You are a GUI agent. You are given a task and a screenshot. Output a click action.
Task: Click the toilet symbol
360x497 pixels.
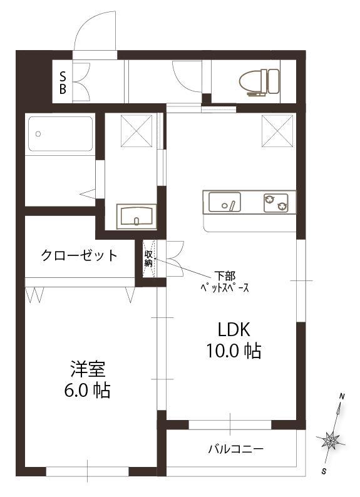259,81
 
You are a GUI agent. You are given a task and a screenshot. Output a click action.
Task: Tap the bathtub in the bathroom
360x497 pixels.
61,134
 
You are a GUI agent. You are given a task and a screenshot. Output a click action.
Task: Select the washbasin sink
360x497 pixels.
136,216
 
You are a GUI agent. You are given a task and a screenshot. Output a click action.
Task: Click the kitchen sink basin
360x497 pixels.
224,202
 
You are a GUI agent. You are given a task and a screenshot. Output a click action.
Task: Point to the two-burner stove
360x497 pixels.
275,203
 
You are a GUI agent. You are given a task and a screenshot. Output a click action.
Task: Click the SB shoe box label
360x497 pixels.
63,83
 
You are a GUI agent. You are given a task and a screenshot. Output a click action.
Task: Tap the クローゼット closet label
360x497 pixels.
80,255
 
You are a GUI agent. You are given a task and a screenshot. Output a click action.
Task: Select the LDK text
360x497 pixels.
234,330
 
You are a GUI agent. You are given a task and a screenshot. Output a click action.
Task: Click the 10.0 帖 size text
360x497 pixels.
234,351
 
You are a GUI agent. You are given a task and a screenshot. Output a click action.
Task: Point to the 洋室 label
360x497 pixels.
88,369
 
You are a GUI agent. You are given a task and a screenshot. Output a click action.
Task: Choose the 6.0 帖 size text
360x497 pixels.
88,390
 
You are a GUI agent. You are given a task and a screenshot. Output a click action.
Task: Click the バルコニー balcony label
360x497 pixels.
236,449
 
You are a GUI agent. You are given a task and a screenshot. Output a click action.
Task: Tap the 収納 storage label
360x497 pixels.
148,259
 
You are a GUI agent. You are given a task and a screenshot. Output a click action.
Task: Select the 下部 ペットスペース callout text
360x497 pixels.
225,282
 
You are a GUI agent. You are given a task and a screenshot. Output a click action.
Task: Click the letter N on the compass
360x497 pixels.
342,396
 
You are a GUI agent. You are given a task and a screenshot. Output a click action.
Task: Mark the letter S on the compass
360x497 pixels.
324,471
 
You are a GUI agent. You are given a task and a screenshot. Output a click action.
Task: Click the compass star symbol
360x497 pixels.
330,440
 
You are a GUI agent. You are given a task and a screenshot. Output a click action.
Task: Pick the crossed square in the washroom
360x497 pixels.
136,131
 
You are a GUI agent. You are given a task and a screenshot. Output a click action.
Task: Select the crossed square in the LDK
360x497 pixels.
277,131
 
